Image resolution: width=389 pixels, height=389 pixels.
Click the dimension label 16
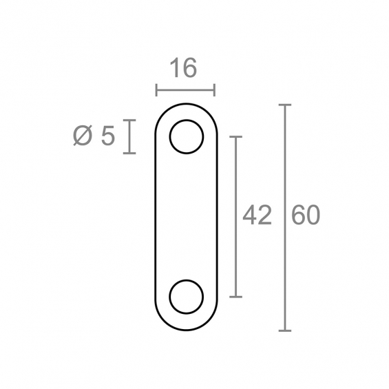click(183, 67)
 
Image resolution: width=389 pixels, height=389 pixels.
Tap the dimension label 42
click(257, 215)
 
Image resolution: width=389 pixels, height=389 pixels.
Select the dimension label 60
click(306, 215)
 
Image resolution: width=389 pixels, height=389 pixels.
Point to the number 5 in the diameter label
click(108, 136)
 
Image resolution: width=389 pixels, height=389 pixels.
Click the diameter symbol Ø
click(83, 136)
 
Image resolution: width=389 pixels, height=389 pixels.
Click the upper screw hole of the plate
click(187, 137)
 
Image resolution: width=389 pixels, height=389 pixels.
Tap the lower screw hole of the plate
click(187, 297)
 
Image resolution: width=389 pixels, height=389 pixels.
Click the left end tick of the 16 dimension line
click(156, 90)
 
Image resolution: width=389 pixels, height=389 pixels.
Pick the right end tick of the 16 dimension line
click(215, 90)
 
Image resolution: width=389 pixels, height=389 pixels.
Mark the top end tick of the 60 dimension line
click(285, 105)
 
